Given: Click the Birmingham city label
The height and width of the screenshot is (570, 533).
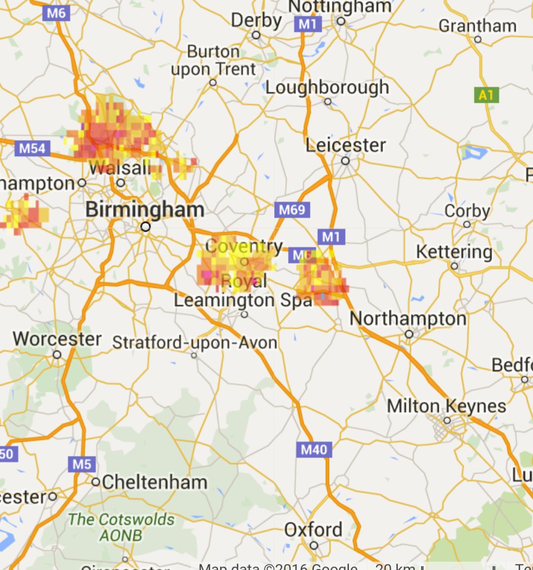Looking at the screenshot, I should (x=145, y=210).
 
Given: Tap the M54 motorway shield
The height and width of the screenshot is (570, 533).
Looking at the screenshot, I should (x=33, y=148).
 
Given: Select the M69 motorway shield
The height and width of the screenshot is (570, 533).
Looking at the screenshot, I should (x=292, y=210).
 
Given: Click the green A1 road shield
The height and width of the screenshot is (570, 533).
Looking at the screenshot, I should (x=486, y=95).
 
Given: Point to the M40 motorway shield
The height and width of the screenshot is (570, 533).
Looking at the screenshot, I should (x=314, y=449).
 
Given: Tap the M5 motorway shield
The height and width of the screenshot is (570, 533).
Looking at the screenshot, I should (x=82, y=464).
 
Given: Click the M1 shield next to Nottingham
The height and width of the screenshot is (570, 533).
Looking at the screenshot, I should (x=308, y=24).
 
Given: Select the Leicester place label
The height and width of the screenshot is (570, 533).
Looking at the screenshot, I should (x=345, y=145).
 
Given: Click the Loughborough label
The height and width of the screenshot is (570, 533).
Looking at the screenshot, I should (x=327, y=87).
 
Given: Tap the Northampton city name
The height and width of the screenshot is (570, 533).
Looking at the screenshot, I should (x=408, y=319).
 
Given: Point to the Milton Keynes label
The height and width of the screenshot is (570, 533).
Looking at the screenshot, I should (x=447, y=406).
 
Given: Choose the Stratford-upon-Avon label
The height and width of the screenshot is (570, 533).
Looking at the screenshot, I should (x=195, y=342).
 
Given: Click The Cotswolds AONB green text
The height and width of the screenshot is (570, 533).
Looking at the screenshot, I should (x=121, y=527).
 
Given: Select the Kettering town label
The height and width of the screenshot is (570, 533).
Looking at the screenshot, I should (x=454, y=252).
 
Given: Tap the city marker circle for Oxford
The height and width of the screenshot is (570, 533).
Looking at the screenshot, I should (x=314, y=545).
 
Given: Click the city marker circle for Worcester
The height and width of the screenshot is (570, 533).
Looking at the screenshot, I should (x=57, y=355).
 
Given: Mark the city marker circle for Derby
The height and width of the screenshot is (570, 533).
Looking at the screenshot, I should (x=256, y=35).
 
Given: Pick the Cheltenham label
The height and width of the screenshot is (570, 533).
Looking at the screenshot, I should (x=154, y=482).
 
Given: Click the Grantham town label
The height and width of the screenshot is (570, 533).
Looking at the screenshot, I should (x=477, y=26).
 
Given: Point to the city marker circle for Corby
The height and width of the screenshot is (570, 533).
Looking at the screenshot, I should (x=467, y=224).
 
